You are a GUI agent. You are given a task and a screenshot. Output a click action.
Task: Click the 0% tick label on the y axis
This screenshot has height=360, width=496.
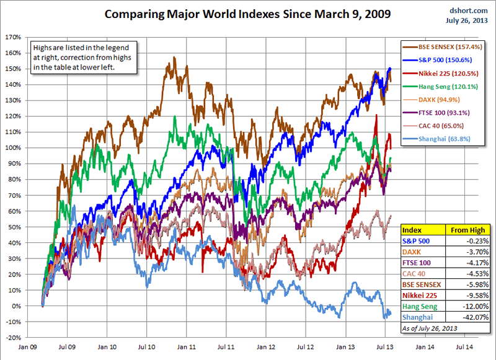17,306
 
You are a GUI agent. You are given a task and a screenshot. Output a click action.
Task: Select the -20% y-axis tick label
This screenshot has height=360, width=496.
14,338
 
